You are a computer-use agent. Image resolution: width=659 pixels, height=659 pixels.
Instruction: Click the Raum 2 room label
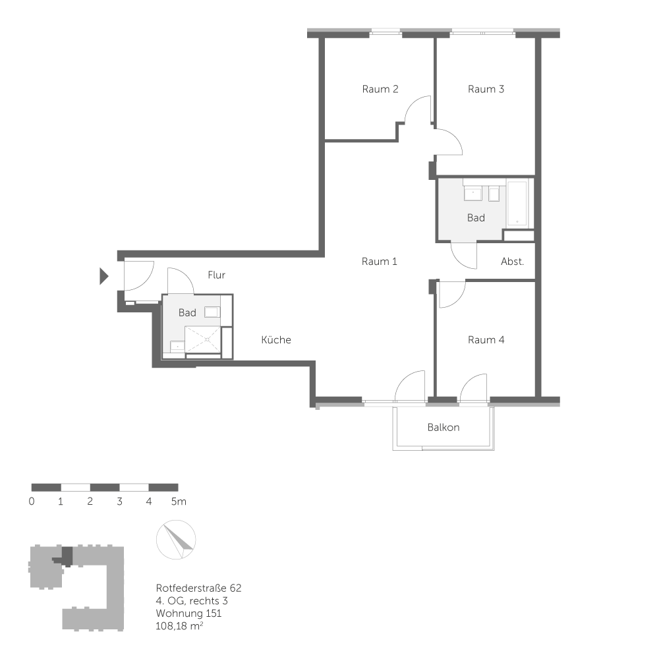tap(380, 89)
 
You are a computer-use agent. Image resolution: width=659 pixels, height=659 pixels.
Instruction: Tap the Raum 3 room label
tap(486, 89)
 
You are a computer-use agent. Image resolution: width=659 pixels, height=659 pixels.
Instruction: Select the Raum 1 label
tap(380, 262)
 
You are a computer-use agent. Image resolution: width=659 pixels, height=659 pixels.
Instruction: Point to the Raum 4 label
tap(486, 340)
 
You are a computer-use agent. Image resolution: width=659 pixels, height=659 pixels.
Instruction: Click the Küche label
tap(276, 340)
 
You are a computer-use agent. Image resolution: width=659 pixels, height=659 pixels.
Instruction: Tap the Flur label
tap(216, 275)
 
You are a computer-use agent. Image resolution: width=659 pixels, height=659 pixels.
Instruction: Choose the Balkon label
tap(444, 427)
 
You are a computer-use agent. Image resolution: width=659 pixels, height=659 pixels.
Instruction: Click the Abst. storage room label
tap(513, 262)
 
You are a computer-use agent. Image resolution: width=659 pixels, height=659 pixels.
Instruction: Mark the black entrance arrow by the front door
tap(103, 276)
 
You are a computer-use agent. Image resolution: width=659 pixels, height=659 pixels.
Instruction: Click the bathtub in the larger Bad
tap(519, 202)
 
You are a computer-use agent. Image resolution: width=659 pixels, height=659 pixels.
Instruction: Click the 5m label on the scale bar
tap(178, 501)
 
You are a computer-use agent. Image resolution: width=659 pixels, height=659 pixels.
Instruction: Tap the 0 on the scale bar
tap(32, 501)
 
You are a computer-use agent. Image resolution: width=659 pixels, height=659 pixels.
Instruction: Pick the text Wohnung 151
tap(188, 614)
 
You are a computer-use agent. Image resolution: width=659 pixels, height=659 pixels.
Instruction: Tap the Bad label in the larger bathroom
tap(476, 217)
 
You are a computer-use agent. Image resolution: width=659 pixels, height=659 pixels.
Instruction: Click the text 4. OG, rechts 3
tap(192, 600)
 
